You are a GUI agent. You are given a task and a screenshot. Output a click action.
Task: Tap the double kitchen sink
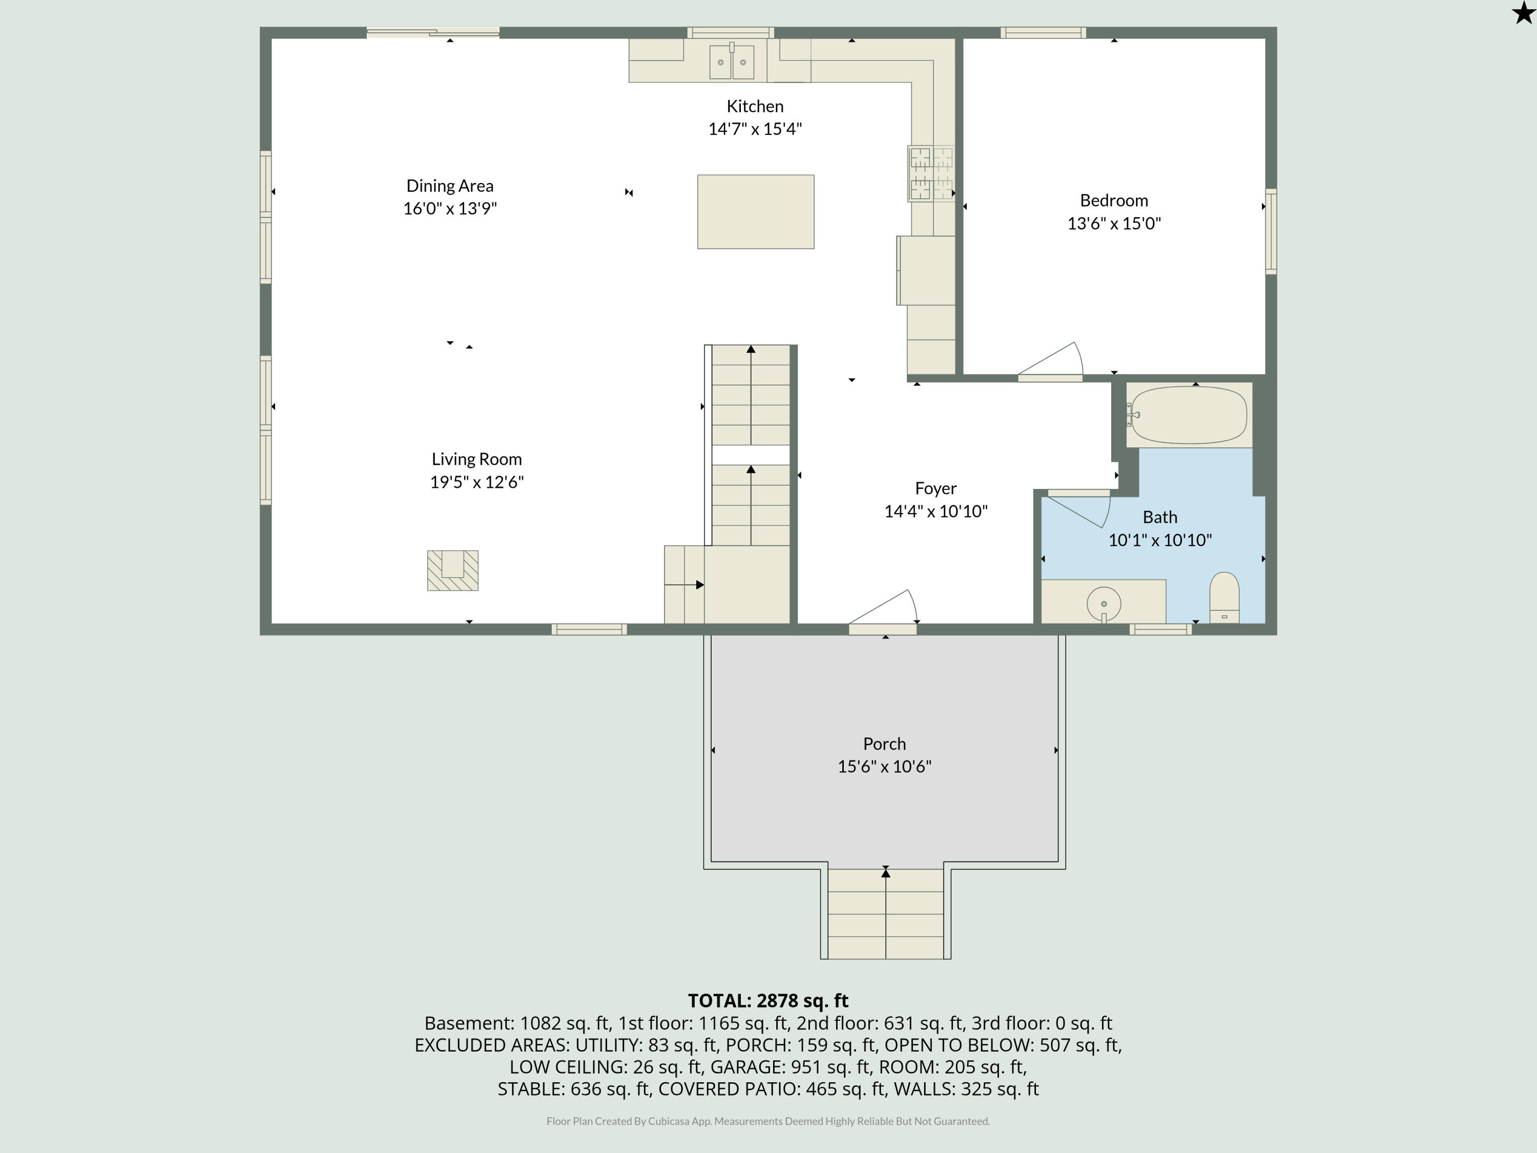[x=732, y=63]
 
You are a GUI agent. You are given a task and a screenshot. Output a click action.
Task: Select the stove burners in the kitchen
[x=931, y=174]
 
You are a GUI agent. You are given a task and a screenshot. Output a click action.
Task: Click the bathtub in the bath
[x=1189, y=415]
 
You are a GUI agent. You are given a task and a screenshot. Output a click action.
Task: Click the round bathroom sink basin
[x=1104, y=603]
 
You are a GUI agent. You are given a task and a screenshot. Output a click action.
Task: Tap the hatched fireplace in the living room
[x=452, y=570]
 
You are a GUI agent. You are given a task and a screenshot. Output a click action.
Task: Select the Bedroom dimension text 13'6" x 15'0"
[x=1114, y=223]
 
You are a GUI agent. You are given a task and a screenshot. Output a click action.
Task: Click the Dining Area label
[x=449, y=186]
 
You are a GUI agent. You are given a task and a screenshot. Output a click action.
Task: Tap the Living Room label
[x=476, y=459]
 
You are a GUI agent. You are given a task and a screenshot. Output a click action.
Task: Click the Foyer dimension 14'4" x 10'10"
[x=935, y=511]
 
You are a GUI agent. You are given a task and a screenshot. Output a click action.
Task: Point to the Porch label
[x=884, y=744]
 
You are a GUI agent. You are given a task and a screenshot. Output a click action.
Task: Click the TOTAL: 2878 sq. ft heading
[x=768, y=1000]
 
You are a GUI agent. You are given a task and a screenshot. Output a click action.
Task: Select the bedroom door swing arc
[x=1053, y=361]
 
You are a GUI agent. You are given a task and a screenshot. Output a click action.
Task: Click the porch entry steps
[x=885, y=914]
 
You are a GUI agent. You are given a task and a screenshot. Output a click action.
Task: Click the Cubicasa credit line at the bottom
[x=768, y=1121]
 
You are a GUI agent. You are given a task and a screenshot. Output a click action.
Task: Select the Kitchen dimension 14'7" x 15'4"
[x=755, y=129]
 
